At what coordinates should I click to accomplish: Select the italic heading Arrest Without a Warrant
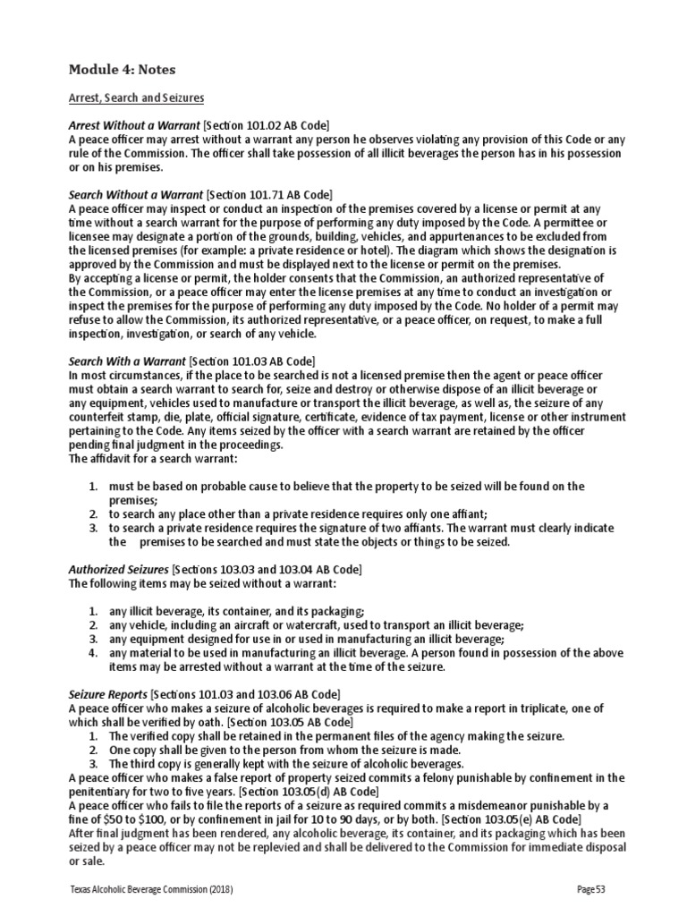[134, 124]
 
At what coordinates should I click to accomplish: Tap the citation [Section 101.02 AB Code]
[270, 124]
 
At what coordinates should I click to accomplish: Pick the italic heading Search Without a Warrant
[136, 193]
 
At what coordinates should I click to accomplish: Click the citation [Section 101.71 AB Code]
[269, 193]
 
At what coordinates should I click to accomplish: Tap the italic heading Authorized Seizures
[118, 569]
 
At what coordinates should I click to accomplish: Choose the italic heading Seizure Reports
[108, 694]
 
